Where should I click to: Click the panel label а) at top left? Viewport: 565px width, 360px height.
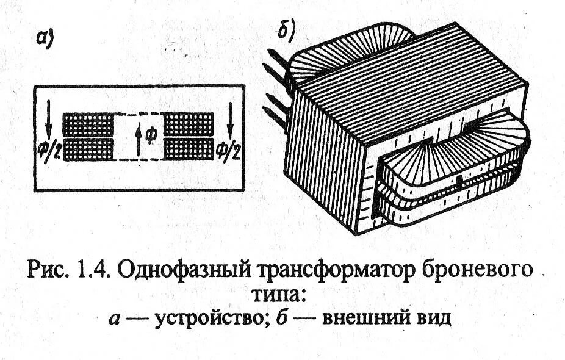(46, 38)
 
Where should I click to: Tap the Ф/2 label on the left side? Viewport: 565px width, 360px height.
(47, 148)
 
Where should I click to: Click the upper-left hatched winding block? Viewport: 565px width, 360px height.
(88, 124)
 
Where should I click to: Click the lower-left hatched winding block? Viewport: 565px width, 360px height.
(88, 149)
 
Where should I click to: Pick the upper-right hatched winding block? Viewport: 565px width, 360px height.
(189, 124)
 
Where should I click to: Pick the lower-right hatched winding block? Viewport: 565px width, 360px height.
(189, 149)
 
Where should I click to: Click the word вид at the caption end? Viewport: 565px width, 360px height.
(431, 319)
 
